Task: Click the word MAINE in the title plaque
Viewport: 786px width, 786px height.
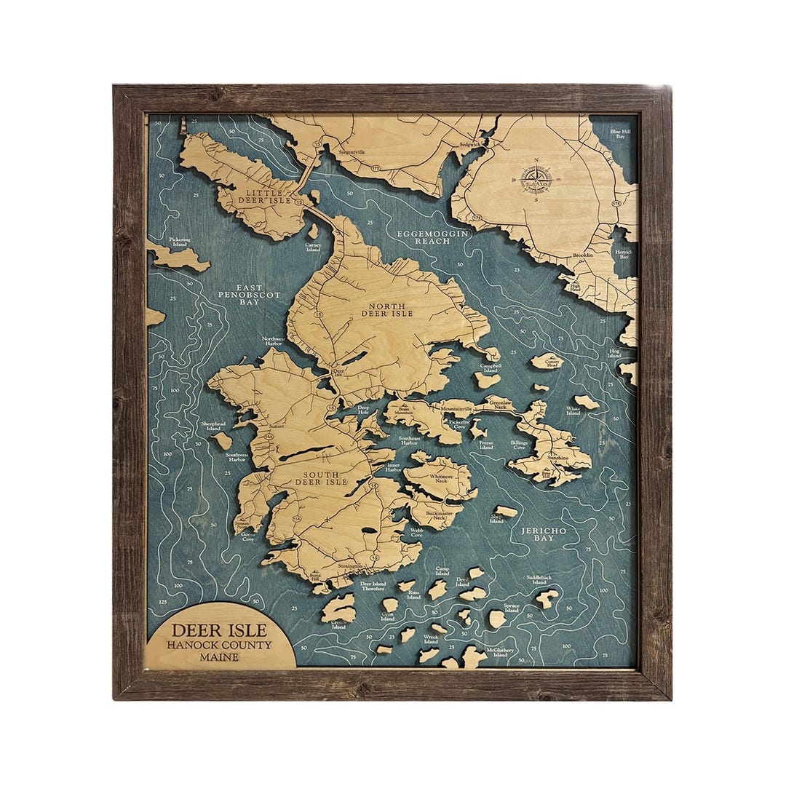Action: click(x=219, y=657)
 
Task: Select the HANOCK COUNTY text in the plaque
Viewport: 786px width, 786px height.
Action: click(x=219, y=645)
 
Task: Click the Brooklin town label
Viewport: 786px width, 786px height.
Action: click(x=583, y=255)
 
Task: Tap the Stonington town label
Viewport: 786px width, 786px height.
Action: click(x=350, y=565)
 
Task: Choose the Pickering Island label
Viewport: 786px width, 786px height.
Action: click(x=179, y=242)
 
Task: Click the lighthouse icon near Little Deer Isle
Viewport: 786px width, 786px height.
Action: click(x=183, y=125)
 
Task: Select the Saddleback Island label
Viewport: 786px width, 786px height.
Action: click(x=539, y=579)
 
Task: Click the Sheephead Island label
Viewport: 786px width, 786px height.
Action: click(x=213, y=426)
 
